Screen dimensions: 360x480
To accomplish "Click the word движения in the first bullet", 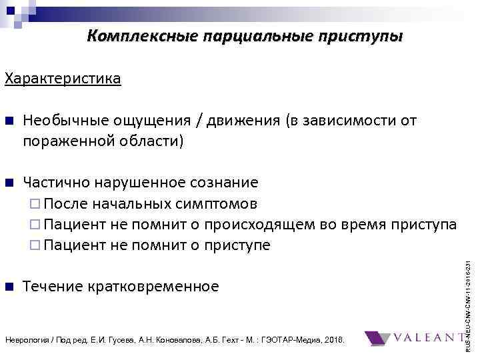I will [243, 121].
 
